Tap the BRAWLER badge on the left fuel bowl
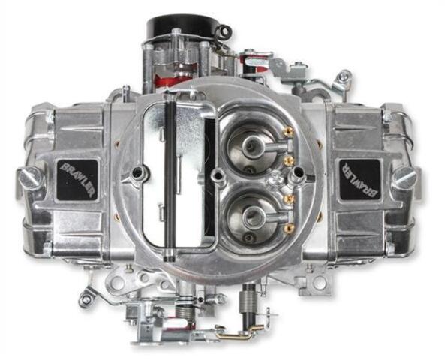point(77,180)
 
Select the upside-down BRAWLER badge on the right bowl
point(360,179)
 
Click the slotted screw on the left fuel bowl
point(31,178)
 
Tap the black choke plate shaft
point(170,176)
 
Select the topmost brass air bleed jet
point(290,130)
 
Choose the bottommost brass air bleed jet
point(290,227)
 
